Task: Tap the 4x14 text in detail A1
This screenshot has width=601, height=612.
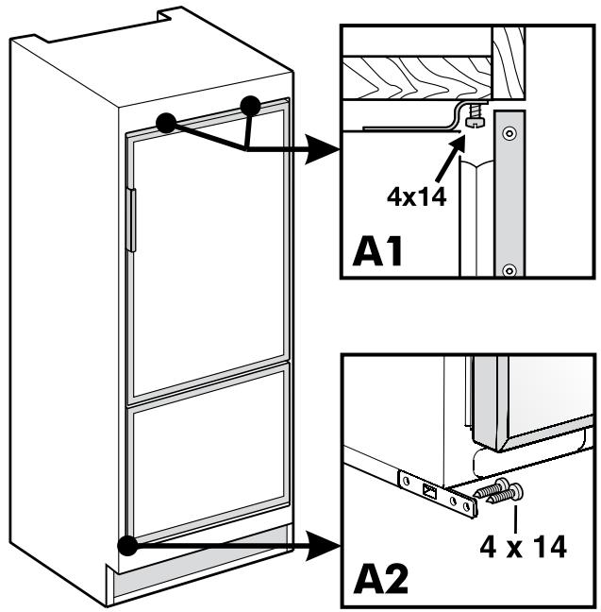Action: pyautogui.click(x=415, y=199)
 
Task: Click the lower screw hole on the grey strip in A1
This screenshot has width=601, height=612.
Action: pyautogui.click(x=509, y=271)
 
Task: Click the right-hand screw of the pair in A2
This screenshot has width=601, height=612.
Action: pyautogui.click(x=511, y=492)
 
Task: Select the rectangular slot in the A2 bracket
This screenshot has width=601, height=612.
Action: pyautogui.click(x=430, y=489)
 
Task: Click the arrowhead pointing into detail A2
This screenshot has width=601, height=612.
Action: pyautogui.click(x=326, y=545)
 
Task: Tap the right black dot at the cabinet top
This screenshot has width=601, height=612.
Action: pyautogui.click(x=250, y=105)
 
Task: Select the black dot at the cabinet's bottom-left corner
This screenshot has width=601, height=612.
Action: pyautogui.click(x=128, y=545)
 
